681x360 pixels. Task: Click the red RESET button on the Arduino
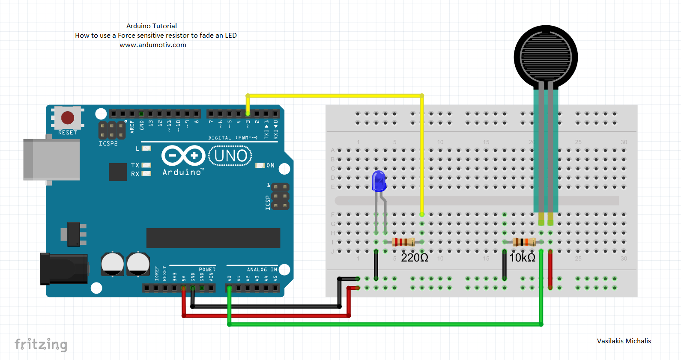(x=68, y=118)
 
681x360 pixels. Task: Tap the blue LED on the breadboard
(x=379, y=181)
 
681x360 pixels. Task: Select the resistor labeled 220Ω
(x=403, y=242)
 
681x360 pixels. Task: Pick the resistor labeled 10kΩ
(x=524, y=242)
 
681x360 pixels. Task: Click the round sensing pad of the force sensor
(x=546, y=57)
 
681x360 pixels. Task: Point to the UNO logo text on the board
(x=230, y=156)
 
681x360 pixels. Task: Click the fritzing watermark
(x=41, y=345)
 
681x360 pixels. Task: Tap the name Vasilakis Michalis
(x=624, y=341)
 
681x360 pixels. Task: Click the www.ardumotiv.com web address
(x=153, y=45)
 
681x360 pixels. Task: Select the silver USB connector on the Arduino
(x=51, y=160)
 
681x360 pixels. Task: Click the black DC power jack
(x=63, y=269)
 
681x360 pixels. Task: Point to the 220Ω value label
(x=414, y=258)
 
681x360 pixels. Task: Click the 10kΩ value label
(x=523, y=258)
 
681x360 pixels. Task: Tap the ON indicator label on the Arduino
(x=270, y=165)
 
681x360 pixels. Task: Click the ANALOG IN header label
(x=262, y=270)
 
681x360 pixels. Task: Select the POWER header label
(x=207, y=270)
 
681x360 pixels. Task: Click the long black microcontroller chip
(x=213, y=238)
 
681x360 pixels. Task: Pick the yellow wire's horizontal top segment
(x=334, y=95)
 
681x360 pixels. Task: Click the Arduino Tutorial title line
(x=152, y=26)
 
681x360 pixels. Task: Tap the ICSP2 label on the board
(x=108, y=144)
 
